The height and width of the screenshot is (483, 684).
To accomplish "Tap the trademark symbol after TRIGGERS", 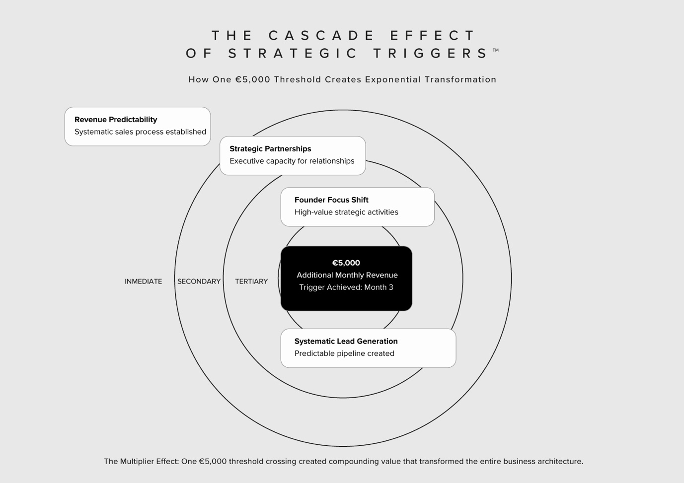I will coord(495,50).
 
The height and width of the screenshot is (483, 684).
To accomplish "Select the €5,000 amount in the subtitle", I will coord(253,79).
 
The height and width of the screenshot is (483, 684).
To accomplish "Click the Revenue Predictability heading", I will coord(116,120).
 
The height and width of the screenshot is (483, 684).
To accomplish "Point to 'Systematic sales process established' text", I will coord(140,132).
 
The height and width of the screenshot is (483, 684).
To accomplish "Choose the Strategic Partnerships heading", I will coord(270,149).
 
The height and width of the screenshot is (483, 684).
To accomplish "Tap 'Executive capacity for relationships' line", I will coord(292,161).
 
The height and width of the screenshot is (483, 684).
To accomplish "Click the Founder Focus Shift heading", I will coord(331,200).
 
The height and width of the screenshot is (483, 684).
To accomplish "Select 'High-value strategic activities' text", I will coord(346,212).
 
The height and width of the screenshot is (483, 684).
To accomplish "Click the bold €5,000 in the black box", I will coord(346,263).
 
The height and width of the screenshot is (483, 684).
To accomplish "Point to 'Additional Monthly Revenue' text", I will coord(347,275).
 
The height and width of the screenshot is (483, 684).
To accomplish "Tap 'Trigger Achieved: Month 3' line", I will coord(346,287).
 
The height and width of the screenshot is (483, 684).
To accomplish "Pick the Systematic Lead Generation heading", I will coord(346,342).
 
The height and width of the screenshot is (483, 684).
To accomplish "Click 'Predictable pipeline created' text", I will coord(344,353).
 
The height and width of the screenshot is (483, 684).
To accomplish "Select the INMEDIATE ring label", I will coord(143,281).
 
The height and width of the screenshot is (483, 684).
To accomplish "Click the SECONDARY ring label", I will coord(199,281).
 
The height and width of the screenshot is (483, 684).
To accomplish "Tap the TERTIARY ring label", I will coord(251,281).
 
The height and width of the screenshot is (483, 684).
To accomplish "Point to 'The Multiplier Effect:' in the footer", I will coord(141,462).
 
